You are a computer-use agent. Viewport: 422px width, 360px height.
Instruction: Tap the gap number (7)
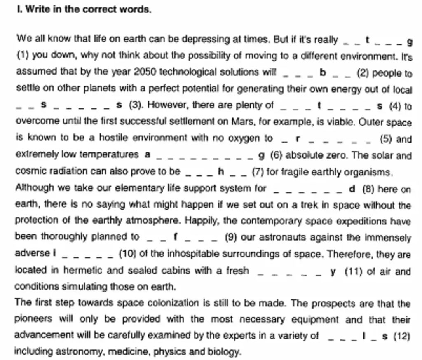[x=258, y=171]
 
